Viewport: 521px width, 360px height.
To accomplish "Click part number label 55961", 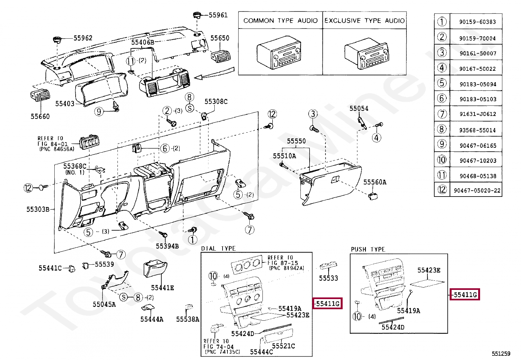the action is pyautogui.click(x=218, y=15).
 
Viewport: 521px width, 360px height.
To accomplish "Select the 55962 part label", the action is pyautogui.click(x=83, y=38).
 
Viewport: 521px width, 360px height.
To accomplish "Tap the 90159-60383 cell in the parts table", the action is pyautogui.click(x=477, y=22).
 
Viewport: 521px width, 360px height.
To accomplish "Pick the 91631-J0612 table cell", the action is pyautogui.click(x=478, y=114).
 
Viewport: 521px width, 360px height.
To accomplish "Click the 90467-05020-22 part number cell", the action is pyautogui.click(x=477, y=190).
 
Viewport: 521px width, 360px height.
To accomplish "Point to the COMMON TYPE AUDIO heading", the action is pyautogui.click(x=280, y=21).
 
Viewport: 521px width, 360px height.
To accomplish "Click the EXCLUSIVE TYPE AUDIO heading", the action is pyautogui.click(x=365, y=21).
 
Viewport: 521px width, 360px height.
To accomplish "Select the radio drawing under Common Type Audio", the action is pyautogui.click(x=279, y=52).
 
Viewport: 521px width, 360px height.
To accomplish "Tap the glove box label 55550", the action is pyautogui.click(x=296, y=141).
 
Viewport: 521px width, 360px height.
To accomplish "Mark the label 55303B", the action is pyautogui.click(x=38, y=209).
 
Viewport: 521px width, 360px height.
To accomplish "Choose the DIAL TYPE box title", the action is pyautogui.click(x=218, y=248).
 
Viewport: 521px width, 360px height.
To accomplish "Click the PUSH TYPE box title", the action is pyautogui.click(x=368, y=249).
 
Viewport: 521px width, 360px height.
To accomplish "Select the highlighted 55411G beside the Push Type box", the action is pyautogui.click(x=465, y=294).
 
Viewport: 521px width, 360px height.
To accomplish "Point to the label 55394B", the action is pyautogui.click(x=167, y=246).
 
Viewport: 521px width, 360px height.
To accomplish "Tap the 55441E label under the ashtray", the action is pyautogui.click(x=162, y=288).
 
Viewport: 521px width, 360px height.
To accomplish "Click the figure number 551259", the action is pyautogui.click(x=501, y=354).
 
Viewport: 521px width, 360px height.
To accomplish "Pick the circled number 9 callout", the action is pyautogui.click(x=99, y=112).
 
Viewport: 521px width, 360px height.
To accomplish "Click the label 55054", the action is pyautogui.click(x=359, y=108).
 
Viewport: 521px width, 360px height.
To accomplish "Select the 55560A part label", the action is pyautogui.click(x=375, y=182).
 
